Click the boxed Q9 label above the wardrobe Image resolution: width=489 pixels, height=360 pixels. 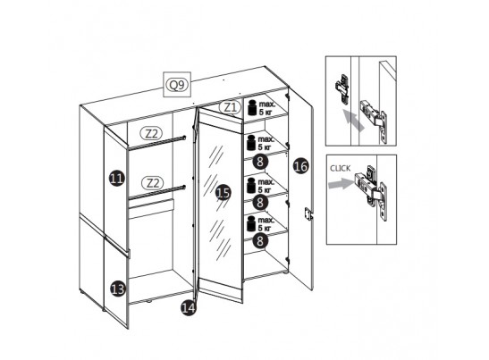click(177, 85)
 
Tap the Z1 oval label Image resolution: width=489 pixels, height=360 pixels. click(230, 107)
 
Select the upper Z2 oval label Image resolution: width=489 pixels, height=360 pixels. click(152, 133)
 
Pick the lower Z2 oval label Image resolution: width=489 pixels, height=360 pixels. click(153, 183)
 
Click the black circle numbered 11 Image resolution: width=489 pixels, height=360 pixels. click(117, 179)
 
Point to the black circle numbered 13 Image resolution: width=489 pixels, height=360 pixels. click(118, 289)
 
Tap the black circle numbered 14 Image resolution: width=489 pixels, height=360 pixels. click(189, 308)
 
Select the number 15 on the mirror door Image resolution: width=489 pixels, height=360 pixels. click(223, 192)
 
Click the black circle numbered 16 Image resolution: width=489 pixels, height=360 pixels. click(301, 166)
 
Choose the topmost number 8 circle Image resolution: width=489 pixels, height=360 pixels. click(260, 162)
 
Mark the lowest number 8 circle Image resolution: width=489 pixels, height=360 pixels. click(260, 240)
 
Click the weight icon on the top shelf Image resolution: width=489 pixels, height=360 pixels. click(252, 107)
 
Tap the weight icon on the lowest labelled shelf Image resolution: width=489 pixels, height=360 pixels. click(251, 223)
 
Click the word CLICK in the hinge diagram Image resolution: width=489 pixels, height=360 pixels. click(341, 168)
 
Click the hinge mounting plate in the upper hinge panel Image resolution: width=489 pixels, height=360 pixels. click(342, 89)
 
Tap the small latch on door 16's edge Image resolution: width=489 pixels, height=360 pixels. click(308, 214)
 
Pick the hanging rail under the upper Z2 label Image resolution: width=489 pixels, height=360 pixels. click(156, 142)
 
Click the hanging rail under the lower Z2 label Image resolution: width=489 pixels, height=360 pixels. click(156, 192)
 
